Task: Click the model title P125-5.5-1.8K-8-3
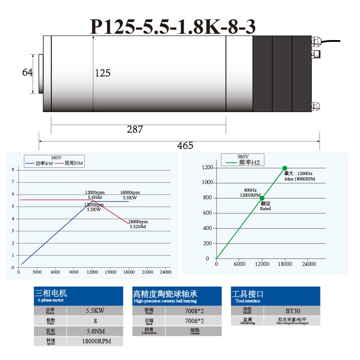173,27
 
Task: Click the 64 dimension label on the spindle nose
27,72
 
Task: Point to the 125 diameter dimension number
103,73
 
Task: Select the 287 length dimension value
135,130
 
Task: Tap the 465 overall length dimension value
185,145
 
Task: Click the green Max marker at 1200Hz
285,168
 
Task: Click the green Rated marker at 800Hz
262,198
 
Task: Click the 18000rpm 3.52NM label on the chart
138,224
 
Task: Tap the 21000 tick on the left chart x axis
147,272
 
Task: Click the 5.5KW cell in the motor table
95,310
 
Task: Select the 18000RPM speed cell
95,342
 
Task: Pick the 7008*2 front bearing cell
193,310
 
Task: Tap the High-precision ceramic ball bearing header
177,296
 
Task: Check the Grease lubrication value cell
193,331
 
